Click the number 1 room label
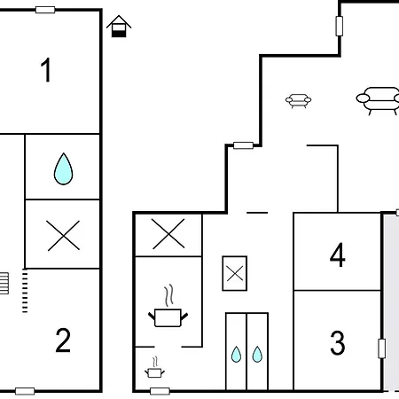coord(46,70)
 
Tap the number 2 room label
coord(63,340)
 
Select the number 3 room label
coord(338,343)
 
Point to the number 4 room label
coord(337,254)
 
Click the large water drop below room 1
coord(63,168)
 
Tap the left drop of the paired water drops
coord(236,354)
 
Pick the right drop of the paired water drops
coord(257,354)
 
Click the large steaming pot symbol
coord(168,306)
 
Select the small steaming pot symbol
coord(154,367)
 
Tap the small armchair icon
coord(298,101)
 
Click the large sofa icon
coord(379,100)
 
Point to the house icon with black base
coord(119,27)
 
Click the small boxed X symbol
coord(235,273)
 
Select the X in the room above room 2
coord(63,236)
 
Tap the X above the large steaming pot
coord(168,234)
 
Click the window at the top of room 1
coord(45,10)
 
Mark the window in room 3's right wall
coord(382,348)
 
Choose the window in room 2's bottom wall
coord(25,391)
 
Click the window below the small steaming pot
coord(160,391)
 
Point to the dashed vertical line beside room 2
coord(25,291)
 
